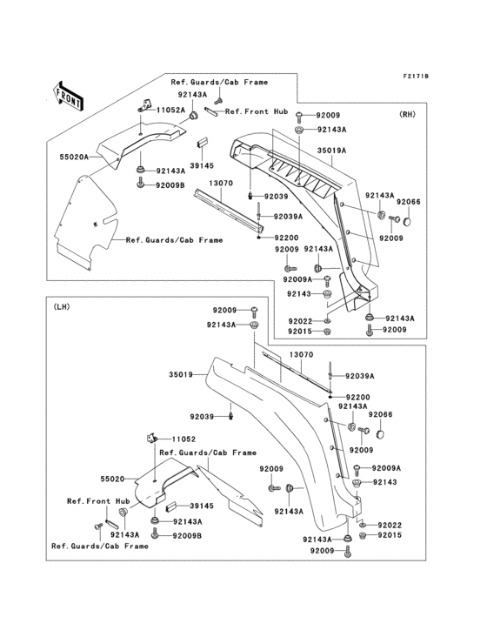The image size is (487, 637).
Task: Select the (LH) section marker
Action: (62, 306)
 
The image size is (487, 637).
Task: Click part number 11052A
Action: (170, 111)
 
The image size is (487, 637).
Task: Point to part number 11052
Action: (184, 440)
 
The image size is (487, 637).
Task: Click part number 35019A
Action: (333, 151)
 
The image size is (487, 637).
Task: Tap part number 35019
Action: (182, 375)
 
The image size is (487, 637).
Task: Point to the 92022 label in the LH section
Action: (391, 525)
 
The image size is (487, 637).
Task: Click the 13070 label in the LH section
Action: (301, 355)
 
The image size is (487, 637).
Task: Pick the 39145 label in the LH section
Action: (202, 506)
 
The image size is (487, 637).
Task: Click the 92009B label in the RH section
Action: (170, 184)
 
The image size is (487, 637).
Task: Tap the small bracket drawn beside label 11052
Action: (150, 439)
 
